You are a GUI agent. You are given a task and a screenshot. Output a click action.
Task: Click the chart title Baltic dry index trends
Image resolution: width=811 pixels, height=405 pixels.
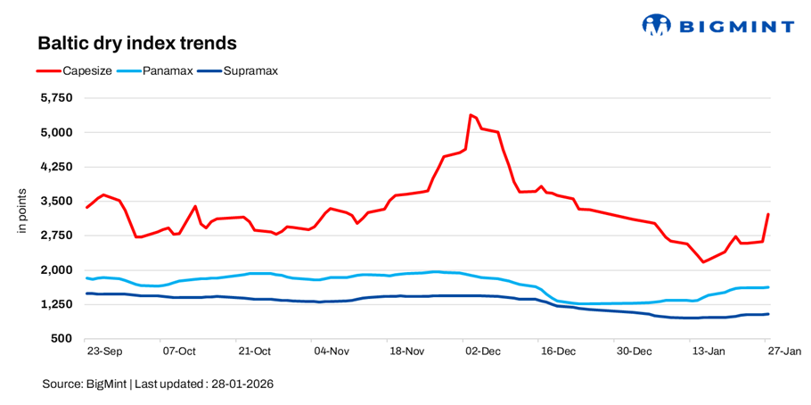point(136,43)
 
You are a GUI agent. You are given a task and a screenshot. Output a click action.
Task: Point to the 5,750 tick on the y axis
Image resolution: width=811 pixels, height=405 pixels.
point(58,98)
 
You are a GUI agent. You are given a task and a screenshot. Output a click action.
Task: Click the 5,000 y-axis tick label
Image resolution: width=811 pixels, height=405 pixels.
point(58,132)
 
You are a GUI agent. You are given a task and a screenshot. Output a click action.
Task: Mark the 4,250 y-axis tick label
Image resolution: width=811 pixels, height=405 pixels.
point(58,167)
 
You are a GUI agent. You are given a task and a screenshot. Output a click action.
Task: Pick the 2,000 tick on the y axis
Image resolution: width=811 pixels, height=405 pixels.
point(58,269)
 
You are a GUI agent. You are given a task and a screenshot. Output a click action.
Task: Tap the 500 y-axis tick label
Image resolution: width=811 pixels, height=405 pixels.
point(63,339)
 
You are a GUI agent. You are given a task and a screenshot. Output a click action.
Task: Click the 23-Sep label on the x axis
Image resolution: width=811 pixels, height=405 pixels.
point(105,351)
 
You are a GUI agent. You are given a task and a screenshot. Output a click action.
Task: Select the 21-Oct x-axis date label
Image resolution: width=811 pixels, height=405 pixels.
point(254,351)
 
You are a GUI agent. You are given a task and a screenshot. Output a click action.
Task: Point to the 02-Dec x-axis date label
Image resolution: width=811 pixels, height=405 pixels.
point(482,351)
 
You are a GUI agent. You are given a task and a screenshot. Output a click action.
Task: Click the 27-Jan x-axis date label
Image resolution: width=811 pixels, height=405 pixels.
point(784,351)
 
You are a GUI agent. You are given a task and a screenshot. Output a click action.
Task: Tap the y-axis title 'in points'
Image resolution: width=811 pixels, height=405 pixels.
point(23,212)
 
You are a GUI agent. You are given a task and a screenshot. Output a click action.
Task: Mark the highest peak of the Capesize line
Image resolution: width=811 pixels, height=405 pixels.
point(470,115)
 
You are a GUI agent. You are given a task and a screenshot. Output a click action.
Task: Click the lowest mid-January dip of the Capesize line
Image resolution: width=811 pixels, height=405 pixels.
point(703,261)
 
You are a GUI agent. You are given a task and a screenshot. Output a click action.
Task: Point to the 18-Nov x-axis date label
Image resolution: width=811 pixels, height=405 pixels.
point(406,351)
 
